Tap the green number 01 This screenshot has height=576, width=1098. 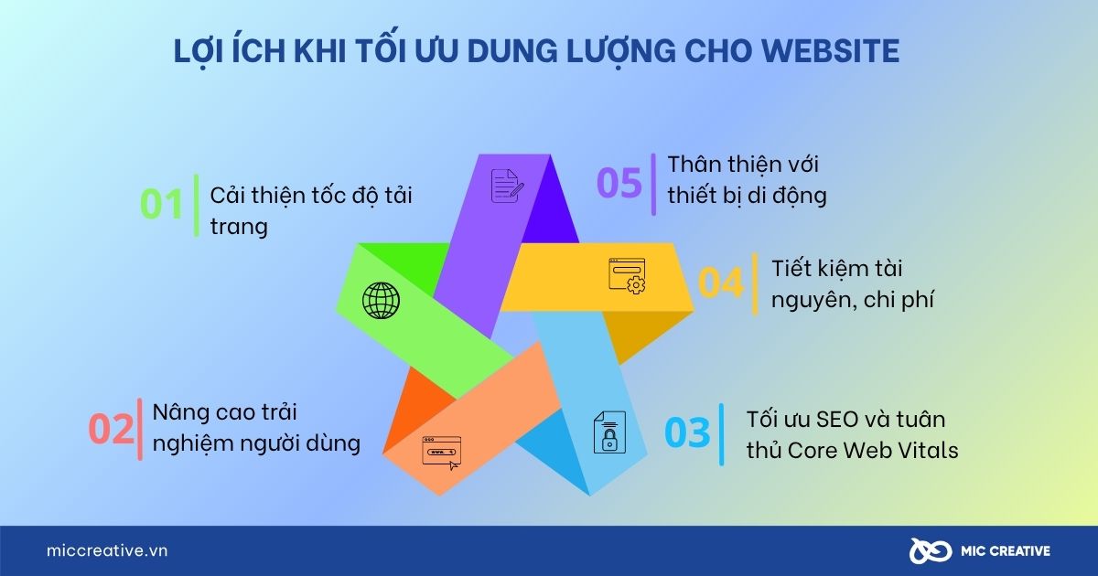162,204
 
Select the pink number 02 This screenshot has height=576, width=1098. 111,429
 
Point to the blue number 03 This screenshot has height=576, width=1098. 687,432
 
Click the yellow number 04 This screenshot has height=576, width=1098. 721,283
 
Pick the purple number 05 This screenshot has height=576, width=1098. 619,183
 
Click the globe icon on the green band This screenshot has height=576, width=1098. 381,300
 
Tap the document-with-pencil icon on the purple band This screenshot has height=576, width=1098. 507,186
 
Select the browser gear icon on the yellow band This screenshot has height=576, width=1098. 627,276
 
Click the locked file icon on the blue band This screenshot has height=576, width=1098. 609,432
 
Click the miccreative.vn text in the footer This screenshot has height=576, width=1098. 107,550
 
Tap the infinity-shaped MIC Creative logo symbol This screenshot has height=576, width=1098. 931,551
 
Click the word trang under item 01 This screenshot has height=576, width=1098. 239,228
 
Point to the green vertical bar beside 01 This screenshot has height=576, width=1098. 197,205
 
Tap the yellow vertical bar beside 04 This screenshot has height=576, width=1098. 755,284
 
